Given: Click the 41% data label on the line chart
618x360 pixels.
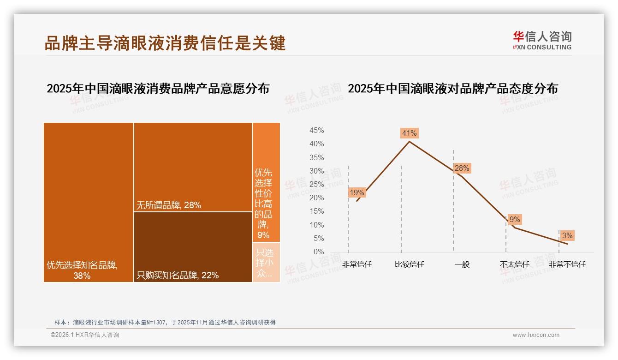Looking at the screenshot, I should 409,133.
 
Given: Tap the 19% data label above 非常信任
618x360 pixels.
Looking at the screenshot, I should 357,192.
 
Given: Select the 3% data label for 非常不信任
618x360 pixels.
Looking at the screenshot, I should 567,236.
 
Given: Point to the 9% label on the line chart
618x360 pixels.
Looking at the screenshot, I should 515,220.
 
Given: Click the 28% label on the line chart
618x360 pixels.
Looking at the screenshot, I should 462,168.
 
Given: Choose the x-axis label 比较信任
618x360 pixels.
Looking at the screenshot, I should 409,264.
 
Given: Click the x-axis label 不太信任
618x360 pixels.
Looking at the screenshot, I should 515,264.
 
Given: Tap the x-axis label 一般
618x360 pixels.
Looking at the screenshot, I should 462,264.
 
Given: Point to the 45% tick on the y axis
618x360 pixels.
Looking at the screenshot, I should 316,131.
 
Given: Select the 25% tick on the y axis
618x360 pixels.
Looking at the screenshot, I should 316,185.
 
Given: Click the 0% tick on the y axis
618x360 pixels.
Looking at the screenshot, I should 319,252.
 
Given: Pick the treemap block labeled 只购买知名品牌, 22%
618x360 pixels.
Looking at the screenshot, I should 193,247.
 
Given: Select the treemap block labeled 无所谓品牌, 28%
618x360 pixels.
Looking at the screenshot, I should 193,167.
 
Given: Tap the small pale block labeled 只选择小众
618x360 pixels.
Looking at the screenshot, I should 266,262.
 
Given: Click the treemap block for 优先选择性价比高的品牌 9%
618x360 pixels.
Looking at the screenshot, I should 266,182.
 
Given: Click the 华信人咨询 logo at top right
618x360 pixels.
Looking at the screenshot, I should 542,41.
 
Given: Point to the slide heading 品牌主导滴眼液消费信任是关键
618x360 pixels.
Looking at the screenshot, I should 165,43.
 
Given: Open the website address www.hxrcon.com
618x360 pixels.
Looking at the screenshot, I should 536,335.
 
